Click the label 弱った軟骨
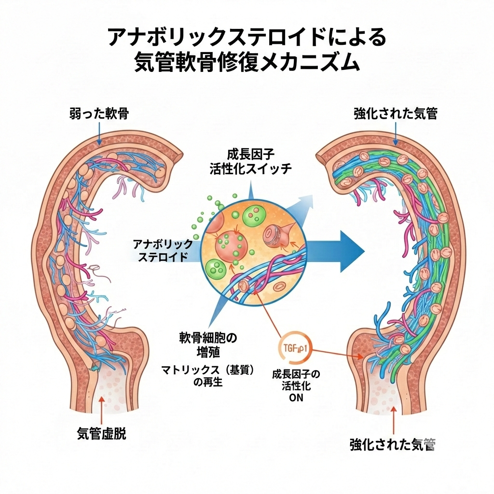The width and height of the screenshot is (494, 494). pos(99,114)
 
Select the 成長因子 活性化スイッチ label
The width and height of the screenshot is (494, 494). pos(250,162)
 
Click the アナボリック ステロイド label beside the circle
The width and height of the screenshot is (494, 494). pos(163,250)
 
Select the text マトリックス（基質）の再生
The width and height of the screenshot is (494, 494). pos(207,376)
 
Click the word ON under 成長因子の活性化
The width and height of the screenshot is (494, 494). pos(296,398)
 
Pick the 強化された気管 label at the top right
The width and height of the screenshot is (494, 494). pos(395,114)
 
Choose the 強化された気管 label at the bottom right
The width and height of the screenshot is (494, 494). pos(393,444)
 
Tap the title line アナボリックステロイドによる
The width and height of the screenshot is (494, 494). pos(247,37)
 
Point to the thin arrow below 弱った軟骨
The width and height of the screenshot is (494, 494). pos(99,133)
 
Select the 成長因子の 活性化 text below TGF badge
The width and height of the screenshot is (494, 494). pos(296,380)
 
